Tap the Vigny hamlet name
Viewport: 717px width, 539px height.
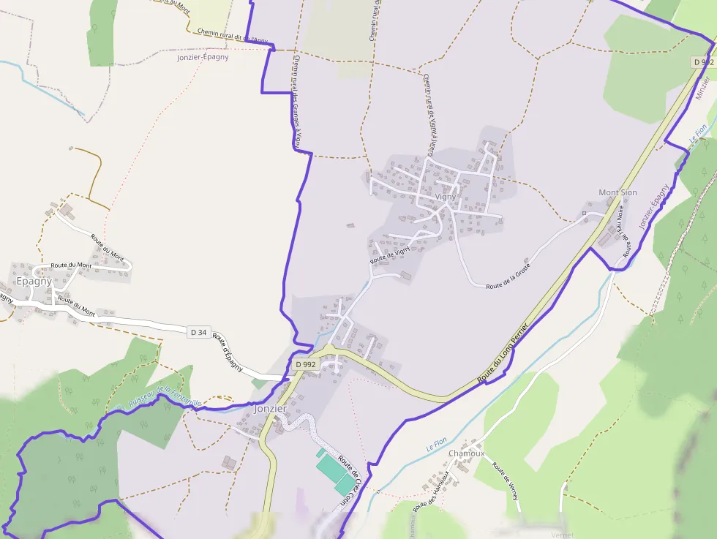click(x=445, y=196)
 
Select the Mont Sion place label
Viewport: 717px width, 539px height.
click(x=617, y=192)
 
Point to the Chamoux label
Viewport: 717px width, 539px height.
click(x=466, y=453)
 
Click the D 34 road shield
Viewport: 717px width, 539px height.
click(x=198, y=332)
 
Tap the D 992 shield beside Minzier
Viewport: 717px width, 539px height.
click(x=702, y=62)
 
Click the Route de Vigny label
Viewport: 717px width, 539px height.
click(x=389, y=255)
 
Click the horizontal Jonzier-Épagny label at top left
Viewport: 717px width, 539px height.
click(x=203, y=57)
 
